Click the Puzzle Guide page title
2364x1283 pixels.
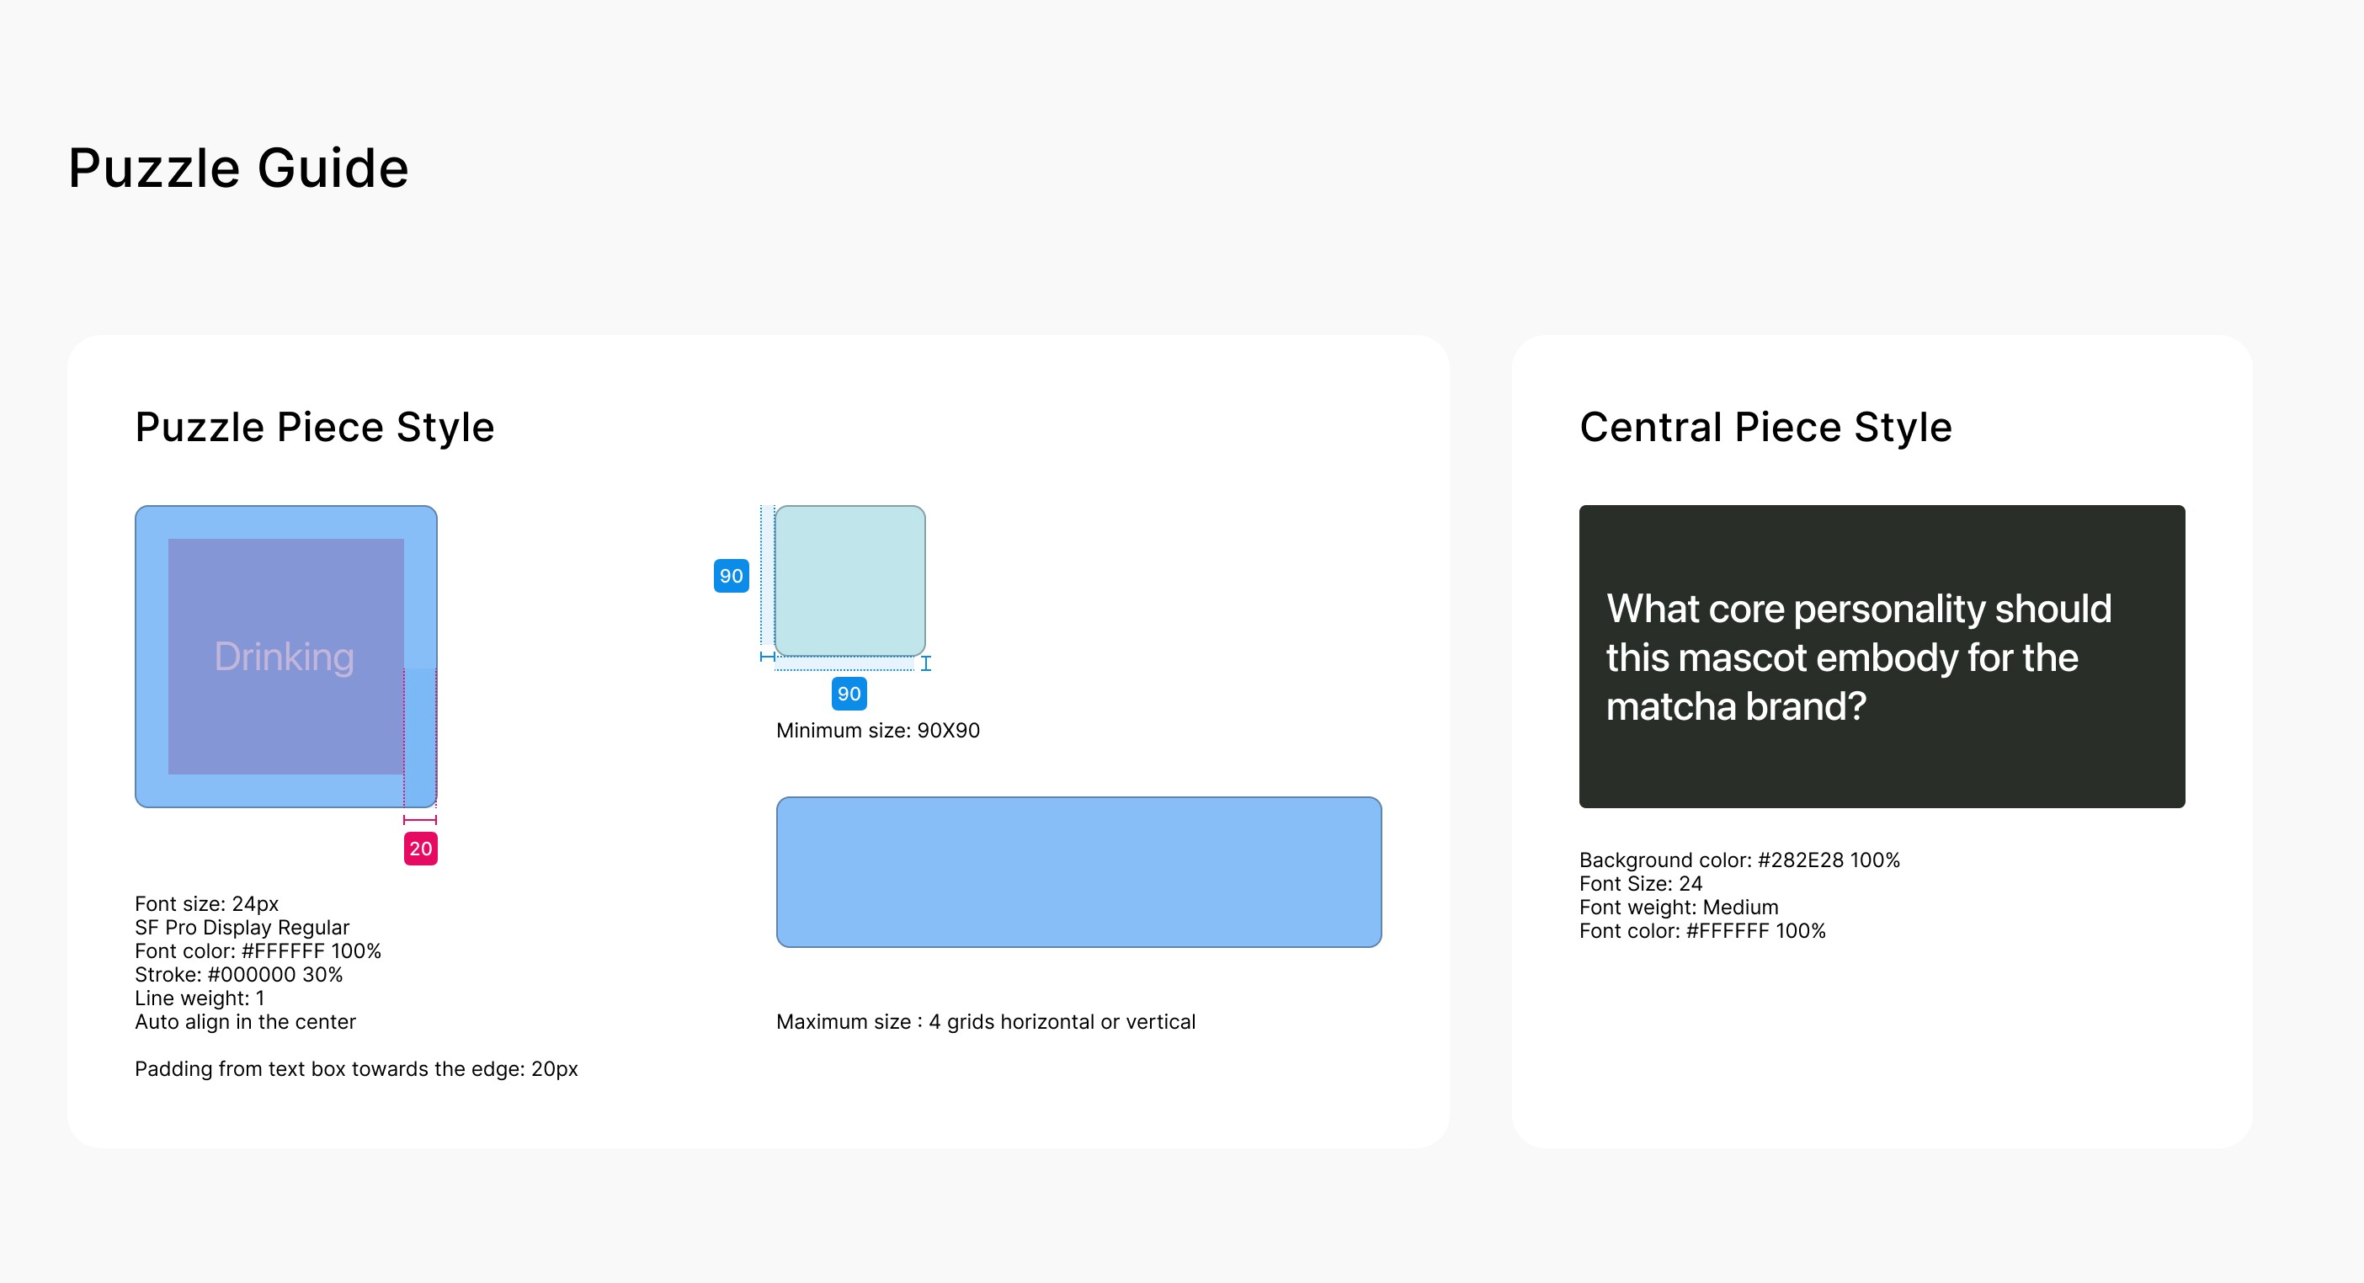tap(238, 169)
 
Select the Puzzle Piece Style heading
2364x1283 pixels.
tap(315, 428)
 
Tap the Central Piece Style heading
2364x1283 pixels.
tap(1765, 428)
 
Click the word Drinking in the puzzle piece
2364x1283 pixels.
tap(285, 657)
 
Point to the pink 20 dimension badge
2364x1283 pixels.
tap(420, 849)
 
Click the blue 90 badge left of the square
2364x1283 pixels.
tap(732, 577)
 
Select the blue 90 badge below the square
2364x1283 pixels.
tap(849, 694)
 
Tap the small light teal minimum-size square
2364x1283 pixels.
tap(849, 581)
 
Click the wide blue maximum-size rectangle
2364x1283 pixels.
tap(1079, 872)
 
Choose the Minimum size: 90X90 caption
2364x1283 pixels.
tap(878, 731)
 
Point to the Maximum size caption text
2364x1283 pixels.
tap(986, 1022)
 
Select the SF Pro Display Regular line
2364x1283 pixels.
tap(242, 928)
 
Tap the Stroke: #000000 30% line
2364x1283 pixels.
tap(238, 975)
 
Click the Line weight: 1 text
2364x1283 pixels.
tap(200, 998)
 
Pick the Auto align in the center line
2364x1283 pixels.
tap(245, 1022)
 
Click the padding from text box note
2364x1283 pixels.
tap(356, 1069)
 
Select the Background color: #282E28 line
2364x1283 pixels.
tap(1739, 860)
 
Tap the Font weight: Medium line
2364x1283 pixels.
tap(1679, 908)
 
